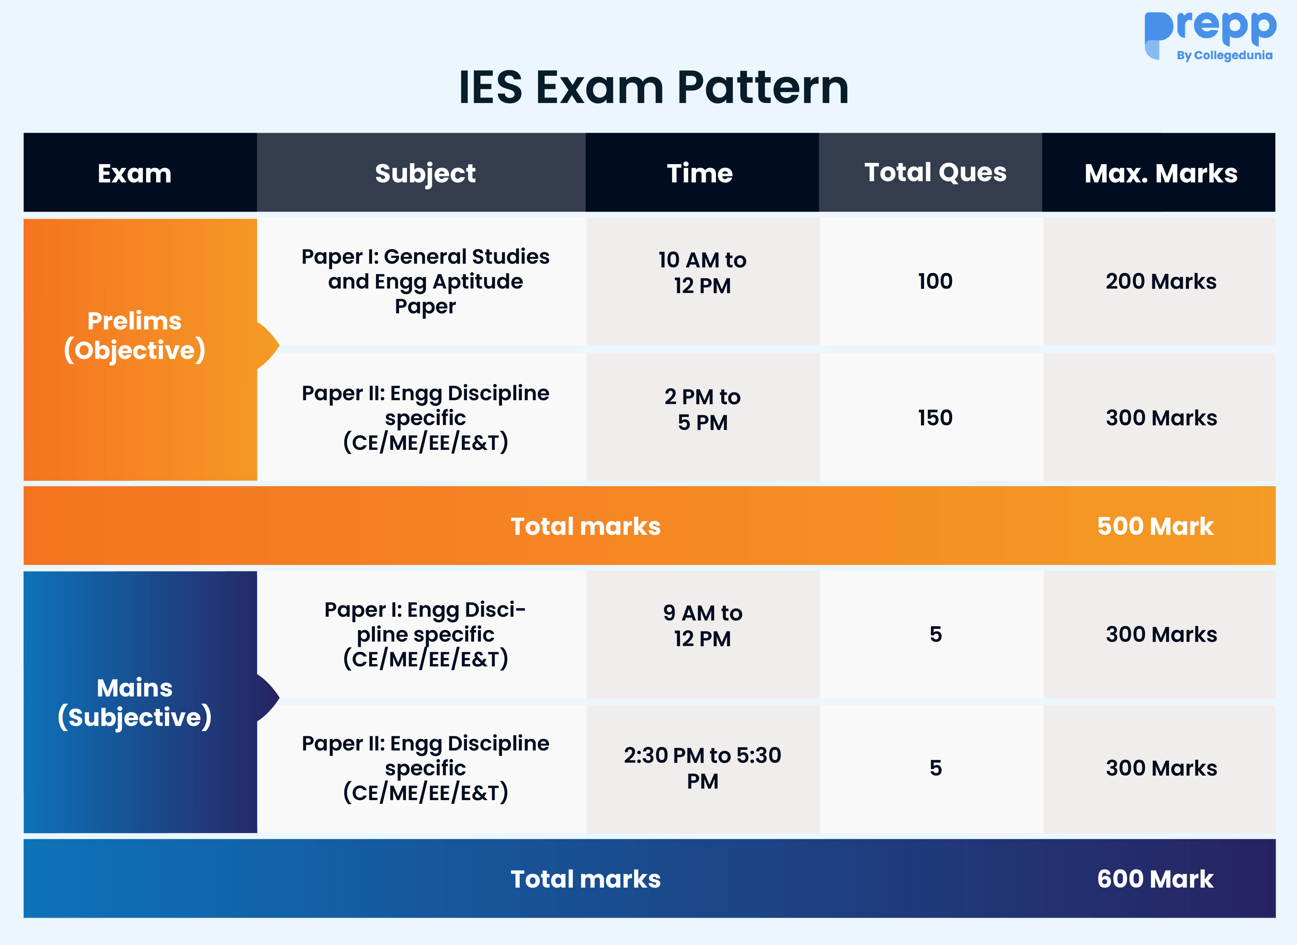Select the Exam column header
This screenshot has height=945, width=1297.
point(134,173)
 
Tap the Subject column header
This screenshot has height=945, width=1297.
point(425,173)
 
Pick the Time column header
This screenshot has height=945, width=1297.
point(700,173)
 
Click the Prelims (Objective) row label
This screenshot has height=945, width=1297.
point(134,336)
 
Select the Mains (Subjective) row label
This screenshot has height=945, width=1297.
point(134,702)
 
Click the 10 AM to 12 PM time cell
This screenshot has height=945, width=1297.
point(702,273)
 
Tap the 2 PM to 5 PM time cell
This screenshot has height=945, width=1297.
point(702,410)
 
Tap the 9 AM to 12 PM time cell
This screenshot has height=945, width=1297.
point(702,626)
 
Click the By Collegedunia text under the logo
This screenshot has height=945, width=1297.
point(1224,56)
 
